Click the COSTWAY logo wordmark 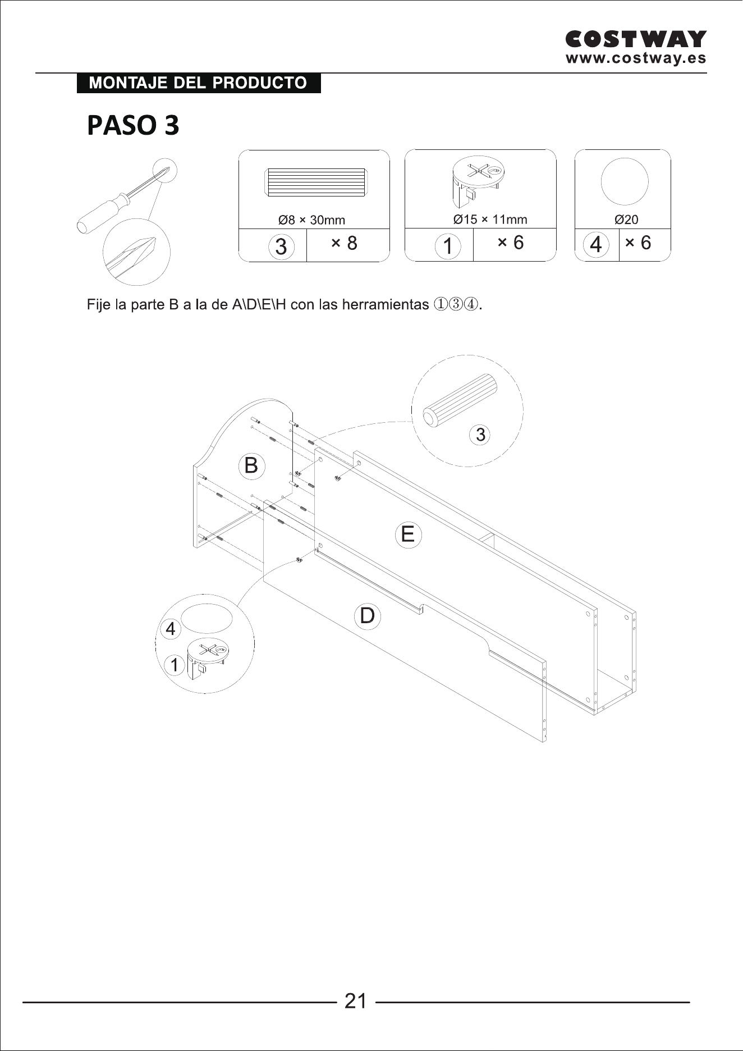coord(636,39)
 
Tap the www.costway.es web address coord(636,58)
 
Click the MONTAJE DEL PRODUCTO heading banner coord(199,83)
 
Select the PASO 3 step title coord(133,125)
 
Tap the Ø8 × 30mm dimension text coord(311,220)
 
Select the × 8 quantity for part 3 coord(344,243)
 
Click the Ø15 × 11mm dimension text coord(490,219)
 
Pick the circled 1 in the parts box coord(448,246)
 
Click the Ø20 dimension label coord(626,220)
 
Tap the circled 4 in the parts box coord(596,245)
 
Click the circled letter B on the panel coord(251,466)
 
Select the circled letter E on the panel coord(408,534)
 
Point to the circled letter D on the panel coord(367,616)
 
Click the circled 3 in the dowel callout coord(480,435)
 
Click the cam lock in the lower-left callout coord(207,657)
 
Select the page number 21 coord(355,1001)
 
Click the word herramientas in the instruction coord(386,304)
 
